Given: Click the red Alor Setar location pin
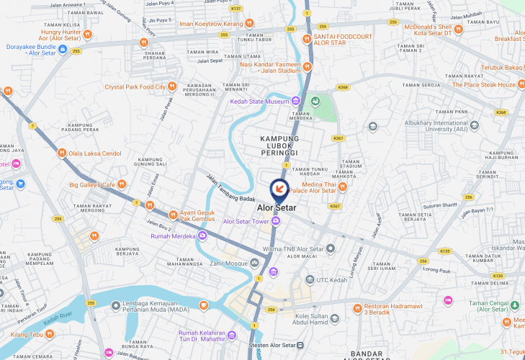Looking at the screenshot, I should point(279,189).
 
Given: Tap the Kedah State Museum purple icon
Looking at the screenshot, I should point(295,102).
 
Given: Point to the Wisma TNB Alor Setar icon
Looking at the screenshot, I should point(331,249).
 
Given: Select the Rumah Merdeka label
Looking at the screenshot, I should point(173,236).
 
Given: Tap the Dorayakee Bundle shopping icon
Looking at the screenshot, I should point(63,49).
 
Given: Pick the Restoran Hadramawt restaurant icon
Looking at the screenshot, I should point(356,309).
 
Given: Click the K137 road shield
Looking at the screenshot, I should point(236,9).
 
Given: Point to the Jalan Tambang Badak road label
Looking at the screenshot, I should point(231,189).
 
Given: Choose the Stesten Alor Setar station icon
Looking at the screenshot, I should point(300,345).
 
